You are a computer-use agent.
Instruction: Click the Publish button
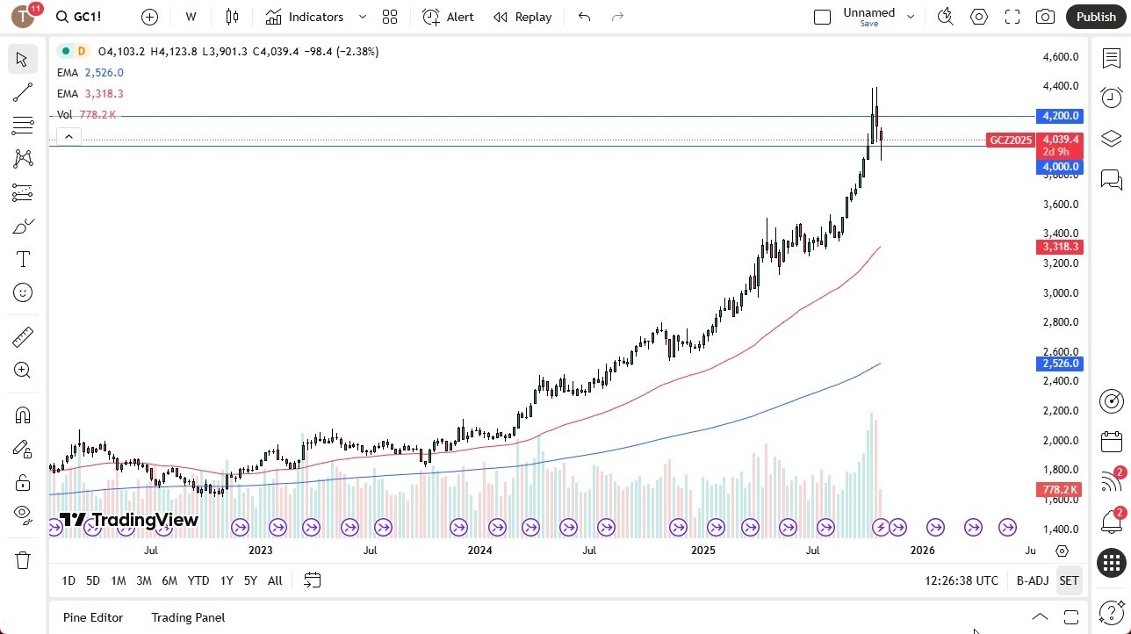tap(1095, 17)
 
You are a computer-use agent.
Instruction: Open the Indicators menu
tap(315, 17)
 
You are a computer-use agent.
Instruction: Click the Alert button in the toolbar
tap(448, 17)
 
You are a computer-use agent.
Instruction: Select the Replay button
tap(522, 17)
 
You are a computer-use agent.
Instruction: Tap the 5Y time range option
tap(250, 580)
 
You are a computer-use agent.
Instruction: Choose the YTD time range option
tap(198, 580)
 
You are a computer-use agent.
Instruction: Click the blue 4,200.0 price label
tap(1060, 116)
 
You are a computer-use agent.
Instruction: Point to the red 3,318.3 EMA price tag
tap(1060, 247)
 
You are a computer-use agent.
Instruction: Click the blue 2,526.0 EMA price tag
tap(1060, 364)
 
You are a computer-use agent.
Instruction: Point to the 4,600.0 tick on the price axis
tap(1060, 57)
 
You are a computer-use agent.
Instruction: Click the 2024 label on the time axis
tap(479, 551)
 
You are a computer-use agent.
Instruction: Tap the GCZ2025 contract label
tap(1011, 140)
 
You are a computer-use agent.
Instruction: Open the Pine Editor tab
tap(93, 617)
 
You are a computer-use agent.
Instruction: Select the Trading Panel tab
tap(188, 617)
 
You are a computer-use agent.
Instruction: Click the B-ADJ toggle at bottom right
tap(1033, 580)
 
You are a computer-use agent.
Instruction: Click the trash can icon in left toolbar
tap(23, 560)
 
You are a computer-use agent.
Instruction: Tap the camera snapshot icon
tap(1045, 17)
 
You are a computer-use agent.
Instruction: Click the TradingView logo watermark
tap(129, 520)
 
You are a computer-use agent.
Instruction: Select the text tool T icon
tap(23, 259)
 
